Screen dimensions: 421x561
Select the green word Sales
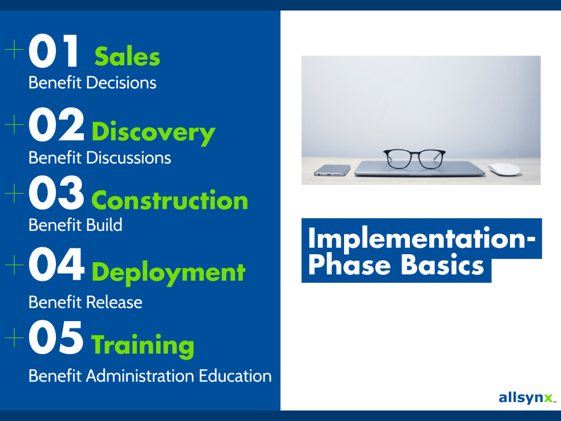pos(128,56)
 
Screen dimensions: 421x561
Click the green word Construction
pos(170,200)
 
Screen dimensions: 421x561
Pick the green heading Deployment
pos(168,272)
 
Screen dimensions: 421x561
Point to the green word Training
pos(143,345)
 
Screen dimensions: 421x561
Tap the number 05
pos(56,338)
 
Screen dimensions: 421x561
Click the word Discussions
pos(128,158)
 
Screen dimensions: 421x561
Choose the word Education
pos(235,376)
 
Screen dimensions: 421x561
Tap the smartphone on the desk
pos(332,170)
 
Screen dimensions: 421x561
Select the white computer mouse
pos(504,169)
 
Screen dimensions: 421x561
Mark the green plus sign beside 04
pos(14,265)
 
